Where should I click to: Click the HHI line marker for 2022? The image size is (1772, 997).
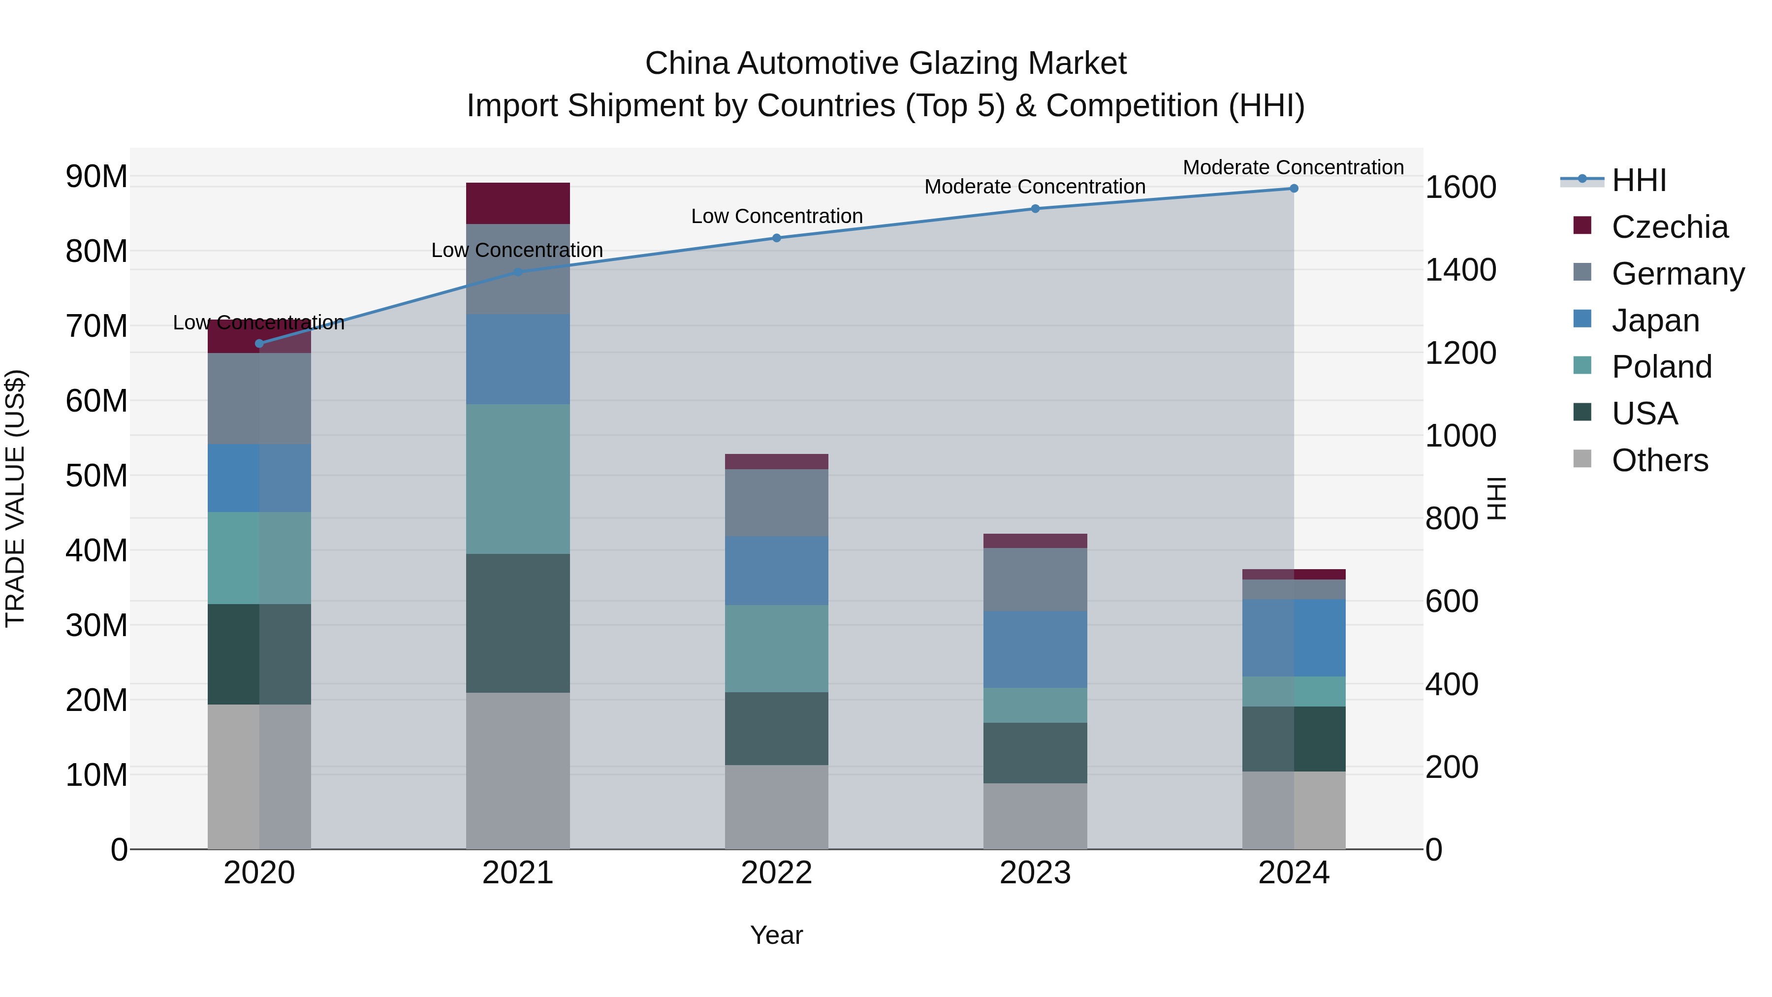[x=777, y=238]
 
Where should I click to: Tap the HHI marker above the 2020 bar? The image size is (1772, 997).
[x=259, y=343]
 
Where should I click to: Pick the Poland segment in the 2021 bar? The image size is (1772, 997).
[x=518, y=479]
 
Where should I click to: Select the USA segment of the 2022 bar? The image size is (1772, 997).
[x=777, y=729]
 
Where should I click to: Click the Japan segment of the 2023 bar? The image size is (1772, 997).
[x=1035, y=649]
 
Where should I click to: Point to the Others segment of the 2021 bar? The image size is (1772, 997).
[x=518, y=771]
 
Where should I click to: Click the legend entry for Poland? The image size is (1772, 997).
[x=1661, y=367]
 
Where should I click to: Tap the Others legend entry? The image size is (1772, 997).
[x=1659, y=460]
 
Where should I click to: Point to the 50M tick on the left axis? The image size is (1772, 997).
[x=96, y=476]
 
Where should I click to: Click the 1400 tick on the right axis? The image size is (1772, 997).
[x=1460, y=270]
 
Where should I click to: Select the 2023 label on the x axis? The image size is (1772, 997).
[x=1035, y=873]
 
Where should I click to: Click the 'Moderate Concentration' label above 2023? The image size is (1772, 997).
[x=1035, y=187]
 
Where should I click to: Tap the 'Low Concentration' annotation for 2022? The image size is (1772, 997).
[x=777, y=216]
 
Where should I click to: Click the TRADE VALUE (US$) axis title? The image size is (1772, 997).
[x=15, y=498]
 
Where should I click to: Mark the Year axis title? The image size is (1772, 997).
[x=777, y=935]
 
